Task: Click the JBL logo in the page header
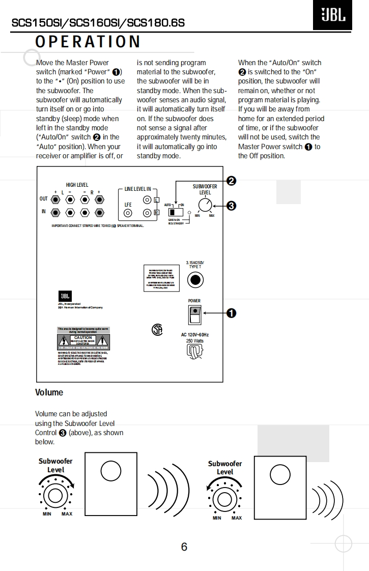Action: coord(333,16)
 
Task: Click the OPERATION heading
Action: coord(88,42)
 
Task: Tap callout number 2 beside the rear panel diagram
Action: coord(232,181)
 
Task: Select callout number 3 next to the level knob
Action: coord(232,206)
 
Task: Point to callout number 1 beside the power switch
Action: coord(232,313)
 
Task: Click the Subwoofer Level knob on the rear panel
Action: coord(205,205)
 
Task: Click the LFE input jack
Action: coord(128,213)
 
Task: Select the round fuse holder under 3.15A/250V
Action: coord(195,280)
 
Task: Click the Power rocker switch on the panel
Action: coord(194,315)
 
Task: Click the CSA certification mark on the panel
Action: coord(157,330)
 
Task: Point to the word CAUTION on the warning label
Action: coord(83,337)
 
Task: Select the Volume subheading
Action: coord(49,392)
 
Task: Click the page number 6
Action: coord(184,547)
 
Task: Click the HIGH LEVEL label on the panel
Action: coord(77,185)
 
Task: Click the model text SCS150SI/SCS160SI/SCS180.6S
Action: coord(98,23)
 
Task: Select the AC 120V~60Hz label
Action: coord(195,334)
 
